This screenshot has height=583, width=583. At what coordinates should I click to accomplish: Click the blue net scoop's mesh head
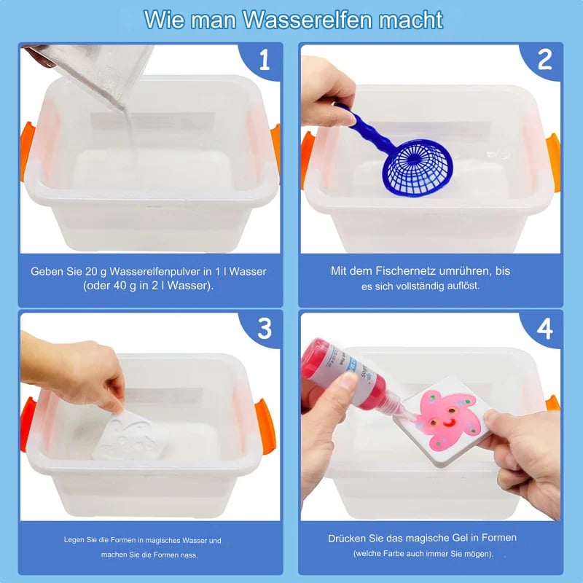(418, 169)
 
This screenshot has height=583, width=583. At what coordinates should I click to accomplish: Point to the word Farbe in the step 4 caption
(392, 554)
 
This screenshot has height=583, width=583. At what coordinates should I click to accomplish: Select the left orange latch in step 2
(307, 158)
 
